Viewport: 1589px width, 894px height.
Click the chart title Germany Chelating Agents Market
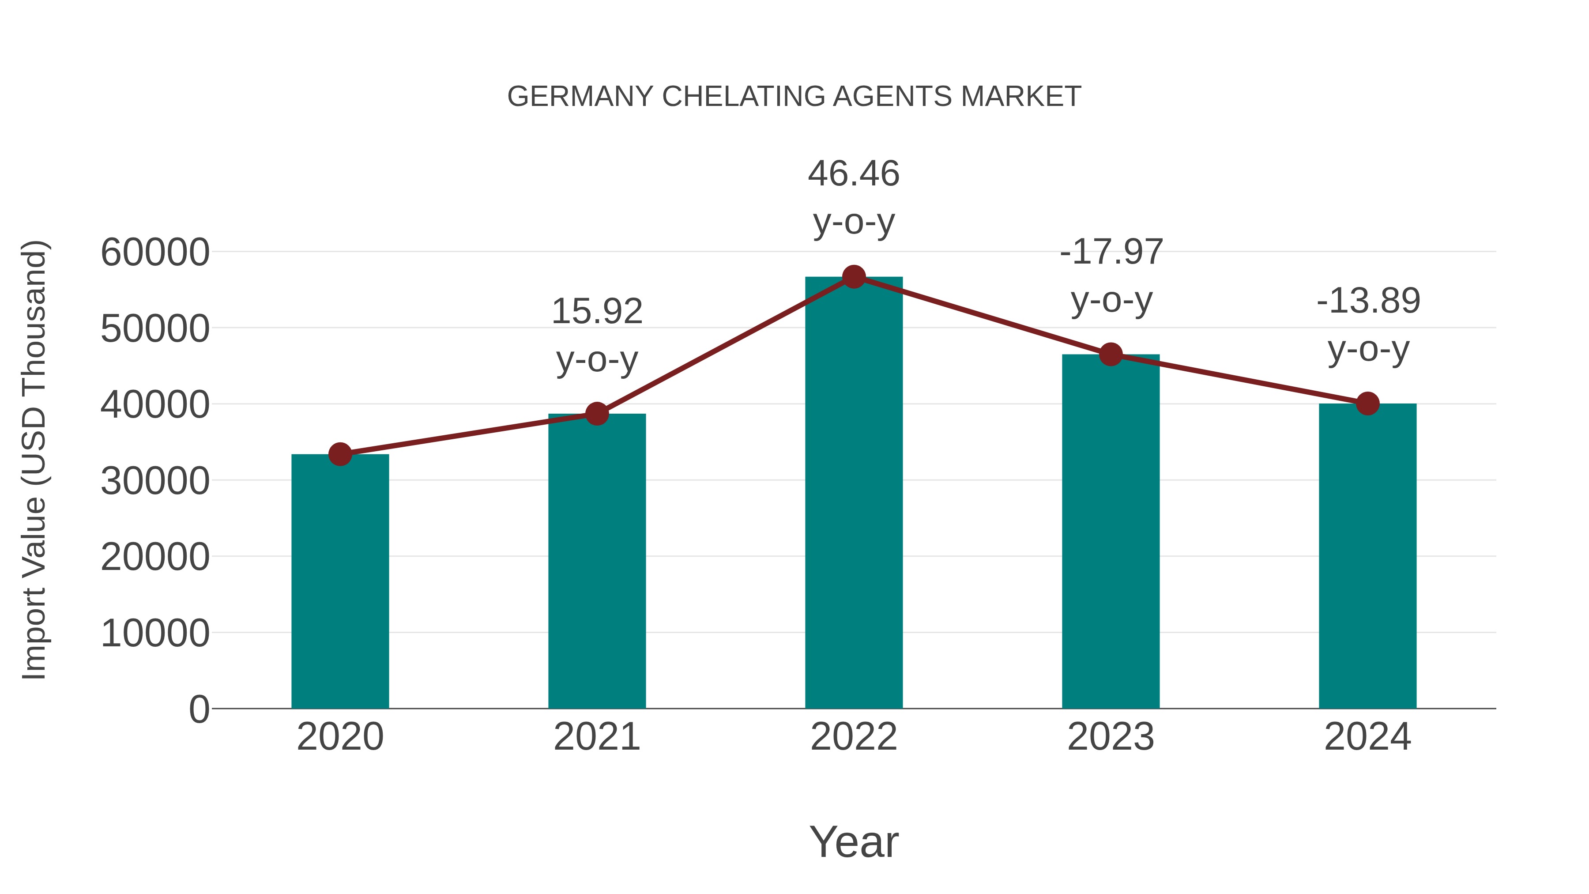794,97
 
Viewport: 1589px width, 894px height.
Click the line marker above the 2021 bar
597,414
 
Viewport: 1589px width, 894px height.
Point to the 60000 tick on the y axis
155,253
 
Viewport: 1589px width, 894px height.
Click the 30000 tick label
155,481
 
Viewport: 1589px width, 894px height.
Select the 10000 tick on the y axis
155,633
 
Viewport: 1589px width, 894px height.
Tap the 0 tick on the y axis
199,709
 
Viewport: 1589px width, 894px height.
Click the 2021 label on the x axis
597,737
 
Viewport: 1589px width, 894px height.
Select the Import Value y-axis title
34,460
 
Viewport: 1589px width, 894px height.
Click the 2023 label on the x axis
1111,737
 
